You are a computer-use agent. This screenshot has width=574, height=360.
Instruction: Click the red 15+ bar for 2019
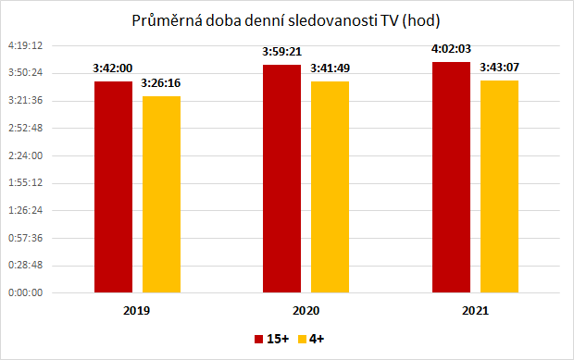tap(114, 187)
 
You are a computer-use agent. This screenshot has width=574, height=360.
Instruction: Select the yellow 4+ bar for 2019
tap(161, 194)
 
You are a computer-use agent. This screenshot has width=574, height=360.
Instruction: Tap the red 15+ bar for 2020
tap(282, 179)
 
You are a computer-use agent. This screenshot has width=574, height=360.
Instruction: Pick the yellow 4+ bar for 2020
tap(330, 187)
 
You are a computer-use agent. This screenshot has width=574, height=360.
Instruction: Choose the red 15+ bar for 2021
tap(451, 178)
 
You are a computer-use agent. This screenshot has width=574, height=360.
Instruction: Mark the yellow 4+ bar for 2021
tap(499, 186)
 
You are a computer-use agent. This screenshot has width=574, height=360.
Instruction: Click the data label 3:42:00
tap(112, 68)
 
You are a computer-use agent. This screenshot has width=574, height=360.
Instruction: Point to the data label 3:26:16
tap(161, 83)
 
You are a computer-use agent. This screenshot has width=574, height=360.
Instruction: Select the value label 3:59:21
tap(282, 53)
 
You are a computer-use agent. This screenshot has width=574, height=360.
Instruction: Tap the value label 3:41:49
tap(331, 68)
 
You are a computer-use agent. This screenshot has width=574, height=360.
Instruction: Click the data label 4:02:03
tap(451, 50)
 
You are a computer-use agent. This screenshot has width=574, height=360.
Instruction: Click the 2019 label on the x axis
tap(136, 311)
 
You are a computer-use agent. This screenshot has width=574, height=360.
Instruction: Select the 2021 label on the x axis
tap(475, 311)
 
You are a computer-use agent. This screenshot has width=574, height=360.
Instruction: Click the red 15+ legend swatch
tap(258, 340)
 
